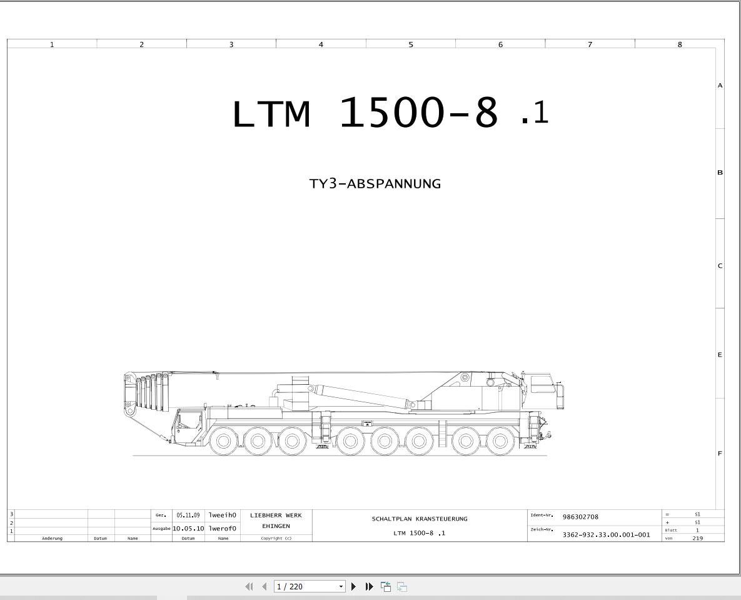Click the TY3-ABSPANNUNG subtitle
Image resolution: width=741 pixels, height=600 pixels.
[375, 183]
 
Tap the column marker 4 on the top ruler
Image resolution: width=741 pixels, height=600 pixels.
[321, 44]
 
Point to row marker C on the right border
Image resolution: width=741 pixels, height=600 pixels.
[720, 266]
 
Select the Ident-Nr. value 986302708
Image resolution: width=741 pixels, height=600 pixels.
[580, 517]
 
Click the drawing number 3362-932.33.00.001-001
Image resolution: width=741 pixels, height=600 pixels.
[607, 535]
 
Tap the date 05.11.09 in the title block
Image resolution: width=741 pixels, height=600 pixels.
[188, 516]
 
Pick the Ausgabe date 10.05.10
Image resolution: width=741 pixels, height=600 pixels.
[188, 529]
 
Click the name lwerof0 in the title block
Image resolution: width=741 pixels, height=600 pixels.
[222, 529]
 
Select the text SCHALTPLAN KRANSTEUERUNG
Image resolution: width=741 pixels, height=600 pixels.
[419, 519]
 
